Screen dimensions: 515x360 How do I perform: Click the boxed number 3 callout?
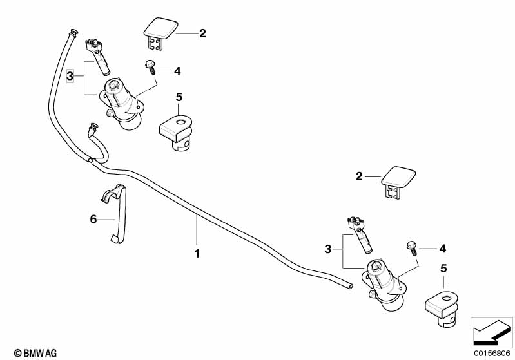point(70,76)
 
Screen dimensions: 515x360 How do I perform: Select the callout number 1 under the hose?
point(197,254)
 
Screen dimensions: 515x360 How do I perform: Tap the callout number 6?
point(93,219)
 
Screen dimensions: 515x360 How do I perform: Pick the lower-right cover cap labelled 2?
point(398,182)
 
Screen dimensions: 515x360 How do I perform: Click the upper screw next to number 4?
point(150,66)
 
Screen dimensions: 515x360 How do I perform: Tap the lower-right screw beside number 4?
point(412,248)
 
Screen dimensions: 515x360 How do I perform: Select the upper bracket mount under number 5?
point(176,132)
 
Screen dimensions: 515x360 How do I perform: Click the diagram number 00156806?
point(492,354)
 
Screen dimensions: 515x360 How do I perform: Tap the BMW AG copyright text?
point(35,353)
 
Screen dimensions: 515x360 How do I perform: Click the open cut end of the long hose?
point(351,286)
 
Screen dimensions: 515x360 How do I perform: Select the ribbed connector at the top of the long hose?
point(73,33)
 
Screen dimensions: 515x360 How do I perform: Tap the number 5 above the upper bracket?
point(179,97)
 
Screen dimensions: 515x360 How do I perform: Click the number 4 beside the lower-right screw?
point(442,249)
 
